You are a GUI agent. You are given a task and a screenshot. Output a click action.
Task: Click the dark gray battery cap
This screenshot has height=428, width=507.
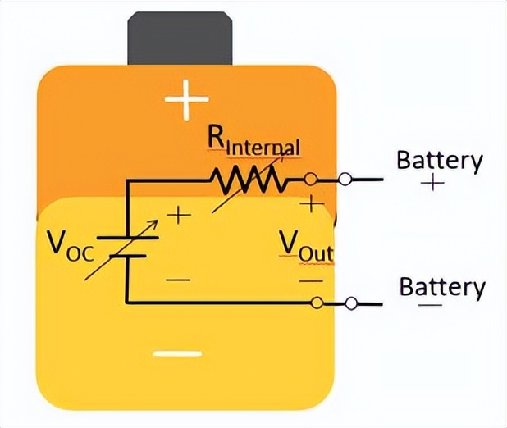pos(180,38)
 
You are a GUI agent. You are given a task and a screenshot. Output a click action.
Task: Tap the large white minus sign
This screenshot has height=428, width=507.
pos(177,354)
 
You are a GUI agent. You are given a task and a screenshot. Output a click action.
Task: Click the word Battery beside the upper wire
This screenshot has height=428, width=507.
pos(439,160)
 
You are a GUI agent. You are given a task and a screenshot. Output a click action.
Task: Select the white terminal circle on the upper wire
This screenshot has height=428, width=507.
pos(345,179)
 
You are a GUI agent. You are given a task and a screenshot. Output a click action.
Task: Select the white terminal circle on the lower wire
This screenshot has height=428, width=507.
pos(351,303)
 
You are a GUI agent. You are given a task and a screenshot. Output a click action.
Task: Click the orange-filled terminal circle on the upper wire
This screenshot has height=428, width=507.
pos(310,179)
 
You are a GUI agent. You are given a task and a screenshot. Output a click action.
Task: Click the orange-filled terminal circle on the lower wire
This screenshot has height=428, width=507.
pos(317,303)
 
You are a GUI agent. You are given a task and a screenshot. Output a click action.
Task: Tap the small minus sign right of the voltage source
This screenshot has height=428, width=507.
pos(177,280)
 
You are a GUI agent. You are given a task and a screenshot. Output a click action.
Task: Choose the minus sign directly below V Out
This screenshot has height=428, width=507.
pos(311,280)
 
